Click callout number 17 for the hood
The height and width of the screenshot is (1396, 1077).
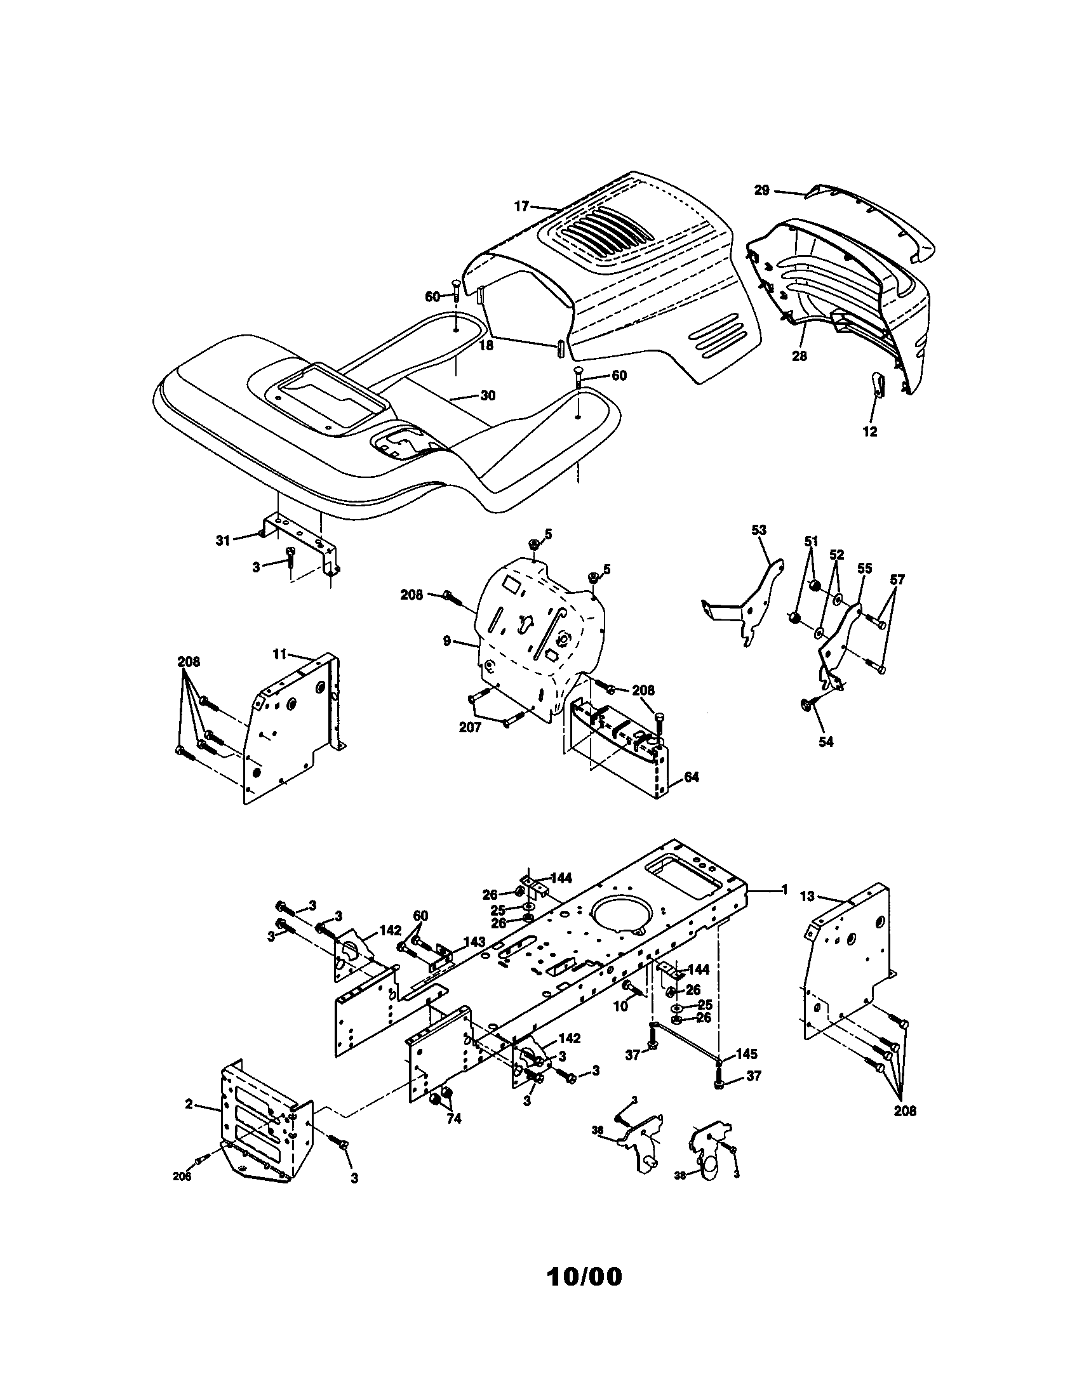[522, 206]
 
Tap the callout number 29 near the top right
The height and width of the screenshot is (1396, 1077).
[761, 190]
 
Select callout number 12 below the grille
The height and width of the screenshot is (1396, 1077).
[869, 431]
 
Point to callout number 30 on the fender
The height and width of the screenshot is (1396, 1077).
[487, 396]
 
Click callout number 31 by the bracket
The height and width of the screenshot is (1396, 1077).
[222, 541]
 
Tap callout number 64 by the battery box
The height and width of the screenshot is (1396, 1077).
[692, 777]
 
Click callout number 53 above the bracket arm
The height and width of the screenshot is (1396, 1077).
[758, 530]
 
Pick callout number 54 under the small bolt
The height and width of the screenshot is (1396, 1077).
[826, 742]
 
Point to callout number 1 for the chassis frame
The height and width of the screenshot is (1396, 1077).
[785, 890]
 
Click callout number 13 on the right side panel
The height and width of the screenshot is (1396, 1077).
[808, 897]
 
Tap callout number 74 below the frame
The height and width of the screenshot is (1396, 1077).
[453, 1119]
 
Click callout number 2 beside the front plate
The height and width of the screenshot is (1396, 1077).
[189, 1104]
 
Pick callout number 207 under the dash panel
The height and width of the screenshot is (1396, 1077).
[470, 727]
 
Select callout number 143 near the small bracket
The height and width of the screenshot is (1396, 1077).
[474, 942]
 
